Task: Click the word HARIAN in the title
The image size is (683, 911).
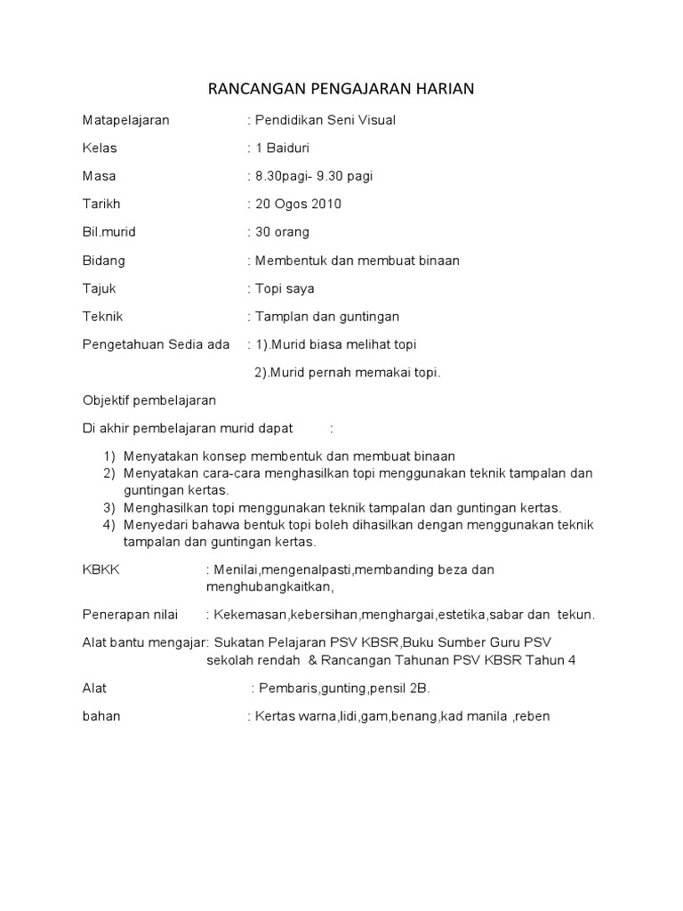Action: (443, 88)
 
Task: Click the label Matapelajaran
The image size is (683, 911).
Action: (125, 120)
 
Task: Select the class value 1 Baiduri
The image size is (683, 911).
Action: (282, 148)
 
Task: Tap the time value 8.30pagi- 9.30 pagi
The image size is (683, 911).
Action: (312, 176)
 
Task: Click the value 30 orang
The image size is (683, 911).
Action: (282, 232)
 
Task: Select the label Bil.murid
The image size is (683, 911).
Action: (108, 232)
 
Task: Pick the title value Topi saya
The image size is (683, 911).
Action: (285, 288)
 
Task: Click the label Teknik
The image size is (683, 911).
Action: (102, 316)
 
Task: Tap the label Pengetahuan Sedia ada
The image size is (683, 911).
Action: (156, 344)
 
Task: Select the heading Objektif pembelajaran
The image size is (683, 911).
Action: (149, 400)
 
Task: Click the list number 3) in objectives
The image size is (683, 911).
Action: (109, 507)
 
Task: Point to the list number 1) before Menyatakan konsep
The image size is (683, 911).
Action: (109, 455)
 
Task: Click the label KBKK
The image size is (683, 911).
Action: (100, 569)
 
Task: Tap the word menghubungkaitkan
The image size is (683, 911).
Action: (269, 586)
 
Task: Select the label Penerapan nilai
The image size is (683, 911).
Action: (130, 615)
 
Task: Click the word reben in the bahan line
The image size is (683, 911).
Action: (531, 715)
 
